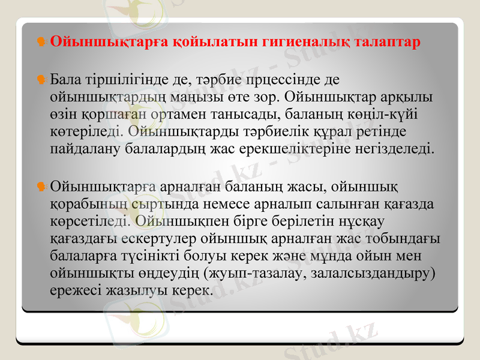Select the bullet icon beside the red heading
tap(41, 42)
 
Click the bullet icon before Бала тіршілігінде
tap(41, 79)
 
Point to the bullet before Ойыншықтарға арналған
tap(41, 187)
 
